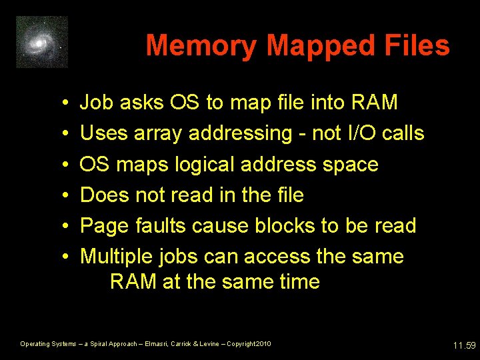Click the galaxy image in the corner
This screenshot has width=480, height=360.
42,42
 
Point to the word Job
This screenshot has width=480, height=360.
95,103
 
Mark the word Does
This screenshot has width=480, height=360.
103,195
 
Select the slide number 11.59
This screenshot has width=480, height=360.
463,345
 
